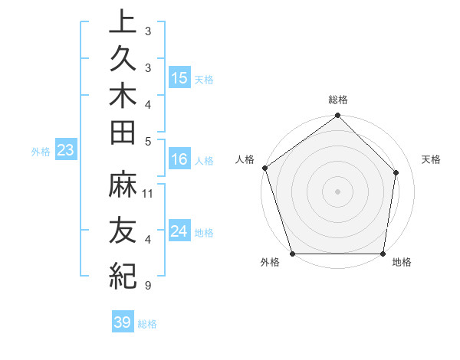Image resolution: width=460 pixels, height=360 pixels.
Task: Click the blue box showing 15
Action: point(179,77)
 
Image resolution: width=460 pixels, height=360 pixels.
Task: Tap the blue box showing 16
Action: point(179,159)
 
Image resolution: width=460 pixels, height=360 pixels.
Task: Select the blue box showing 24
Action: point(179,231)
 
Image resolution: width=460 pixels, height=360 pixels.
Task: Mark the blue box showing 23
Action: point(66,150)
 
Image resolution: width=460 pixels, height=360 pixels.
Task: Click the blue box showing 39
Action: point(123,322)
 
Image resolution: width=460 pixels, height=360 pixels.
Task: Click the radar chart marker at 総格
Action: point(337,116)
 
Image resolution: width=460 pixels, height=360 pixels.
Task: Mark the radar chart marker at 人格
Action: point(264,169)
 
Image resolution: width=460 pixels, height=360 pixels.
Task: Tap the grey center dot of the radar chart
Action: point(337,191)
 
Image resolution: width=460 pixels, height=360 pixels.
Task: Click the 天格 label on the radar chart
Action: point(432,159)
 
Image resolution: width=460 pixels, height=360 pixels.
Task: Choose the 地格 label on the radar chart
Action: point(402,262)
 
